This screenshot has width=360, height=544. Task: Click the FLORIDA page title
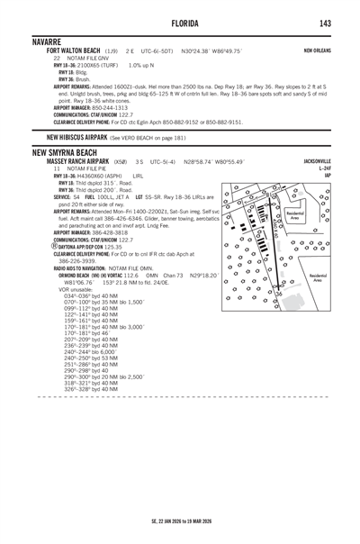180,23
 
